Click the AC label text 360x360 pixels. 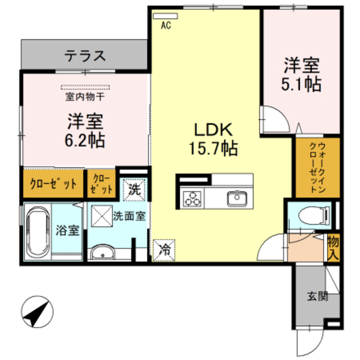point(165,25)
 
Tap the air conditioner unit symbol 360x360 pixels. point(165,16)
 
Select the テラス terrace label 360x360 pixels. point(85,56)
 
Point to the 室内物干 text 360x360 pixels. point(85,97)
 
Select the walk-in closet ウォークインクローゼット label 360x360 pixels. point(317,168)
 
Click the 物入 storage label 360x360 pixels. point(333,248)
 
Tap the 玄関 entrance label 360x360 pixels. point(317,295)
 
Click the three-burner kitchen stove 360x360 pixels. point(192,199)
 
